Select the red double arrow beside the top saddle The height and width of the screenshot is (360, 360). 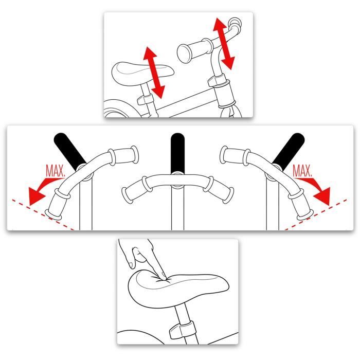[153, 73]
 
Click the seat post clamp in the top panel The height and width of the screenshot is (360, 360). [146, 97]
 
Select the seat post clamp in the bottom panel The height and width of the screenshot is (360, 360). [181, 331]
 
